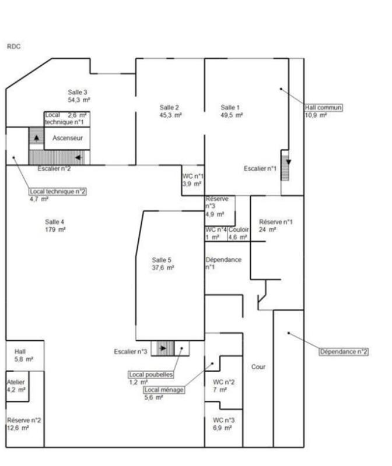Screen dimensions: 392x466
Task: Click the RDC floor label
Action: (13, 47)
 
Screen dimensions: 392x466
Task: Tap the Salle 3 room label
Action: (78, 93)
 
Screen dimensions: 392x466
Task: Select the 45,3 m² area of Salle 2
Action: (170, 115)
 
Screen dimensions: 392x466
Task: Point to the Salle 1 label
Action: (230, 107)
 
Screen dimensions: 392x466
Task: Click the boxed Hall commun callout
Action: (323, 107)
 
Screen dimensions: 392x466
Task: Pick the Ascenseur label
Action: (68, 138)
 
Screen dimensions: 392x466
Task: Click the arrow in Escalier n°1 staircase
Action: (288, 163)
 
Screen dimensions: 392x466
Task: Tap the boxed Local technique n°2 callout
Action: (58, 192)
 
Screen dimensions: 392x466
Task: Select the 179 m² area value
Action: (55, 230)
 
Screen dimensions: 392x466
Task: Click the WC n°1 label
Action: (193, 176)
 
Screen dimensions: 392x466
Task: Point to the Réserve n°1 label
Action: (275, 222)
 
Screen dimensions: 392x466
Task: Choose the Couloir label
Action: (239, 230)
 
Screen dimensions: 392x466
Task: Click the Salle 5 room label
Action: (162, 260)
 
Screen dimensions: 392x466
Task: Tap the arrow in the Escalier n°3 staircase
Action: (163, 348)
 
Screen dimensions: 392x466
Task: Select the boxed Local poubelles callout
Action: (151, 375)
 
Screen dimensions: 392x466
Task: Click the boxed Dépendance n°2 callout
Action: (344, 352)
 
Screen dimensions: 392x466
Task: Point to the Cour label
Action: (258, 367)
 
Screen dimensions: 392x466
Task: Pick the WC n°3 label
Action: (223, 420)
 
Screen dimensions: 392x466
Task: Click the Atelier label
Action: (16, 382)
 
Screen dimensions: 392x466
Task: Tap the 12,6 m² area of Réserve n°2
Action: (18, 428)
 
